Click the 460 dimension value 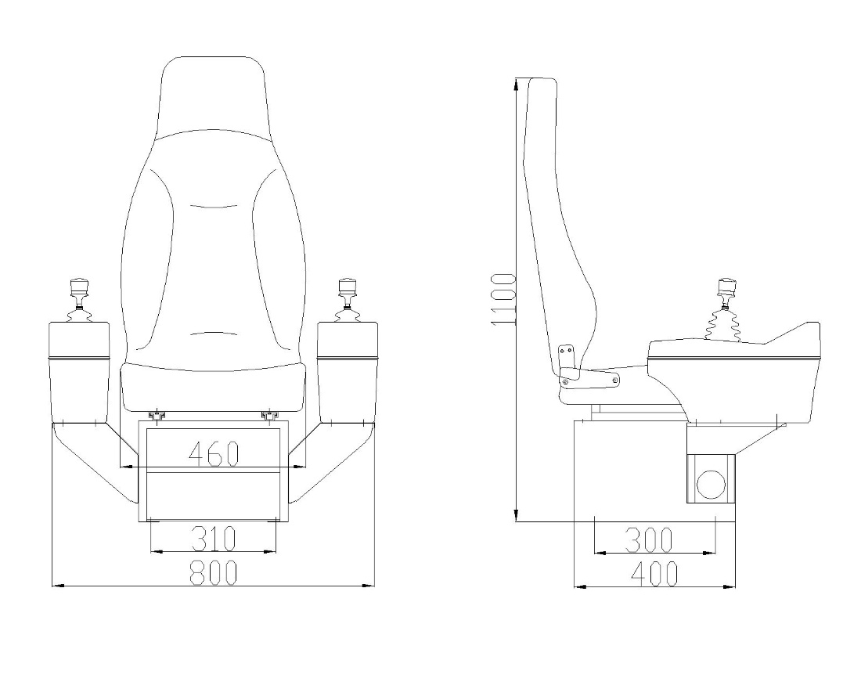pos(213,453)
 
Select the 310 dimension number pos(213,539)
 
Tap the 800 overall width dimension pos(213,573)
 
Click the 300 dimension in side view pos(649,539)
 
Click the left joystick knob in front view pos(80,287)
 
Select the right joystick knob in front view pos(344,287)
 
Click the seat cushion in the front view pos(212,385)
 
